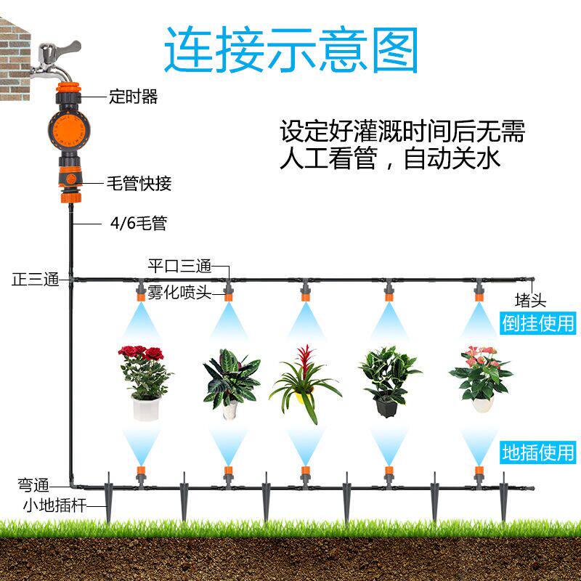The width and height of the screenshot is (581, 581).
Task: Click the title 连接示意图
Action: coord(291,49)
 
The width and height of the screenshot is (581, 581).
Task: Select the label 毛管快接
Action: coord(139,183)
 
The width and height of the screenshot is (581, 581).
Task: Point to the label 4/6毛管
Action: coord(138,224)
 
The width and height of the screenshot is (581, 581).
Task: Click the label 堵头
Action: coord(530,300)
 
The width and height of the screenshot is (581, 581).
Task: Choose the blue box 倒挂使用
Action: coord(538,322)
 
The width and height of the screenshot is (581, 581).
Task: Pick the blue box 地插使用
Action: coord(538,452)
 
